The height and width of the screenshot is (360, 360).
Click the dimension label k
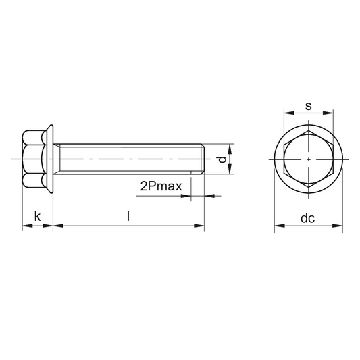(37, 216)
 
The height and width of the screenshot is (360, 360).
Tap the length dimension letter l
(128, 216)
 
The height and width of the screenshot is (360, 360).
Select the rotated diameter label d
(222, 159)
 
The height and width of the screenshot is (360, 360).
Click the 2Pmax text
(161, 186)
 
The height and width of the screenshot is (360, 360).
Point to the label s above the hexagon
(309, 106)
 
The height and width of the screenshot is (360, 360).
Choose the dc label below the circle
(307, 218)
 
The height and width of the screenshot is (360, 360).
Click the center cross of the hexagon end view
(309, 159)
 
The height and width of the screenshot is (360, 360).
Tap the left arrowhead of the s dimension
(289, 113)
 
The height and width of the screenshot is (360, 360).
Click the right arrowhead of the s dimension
(328, 113)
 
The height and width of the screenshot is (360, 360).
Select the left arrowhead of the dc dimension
(280, 226)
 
